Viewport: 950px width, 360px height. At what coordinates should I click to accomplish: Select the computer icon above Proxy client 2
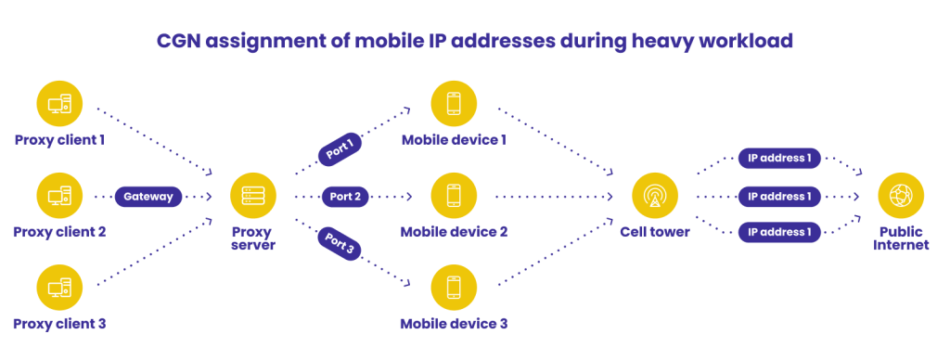point(59,196)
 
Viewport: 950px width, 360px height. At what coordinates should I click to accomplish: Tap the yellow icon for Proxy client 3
point(59,287)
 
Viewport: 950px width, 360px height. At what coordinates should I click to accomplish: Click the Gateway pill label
point(148,197)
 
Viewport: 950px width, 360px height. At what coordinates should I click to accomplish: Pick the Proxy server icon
point(252,196)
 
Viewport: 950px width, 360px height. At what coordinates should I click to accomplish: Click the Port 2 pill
point(345,197)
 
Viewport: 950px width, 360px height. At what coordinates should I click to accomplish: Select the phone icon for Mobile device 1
point(454,103)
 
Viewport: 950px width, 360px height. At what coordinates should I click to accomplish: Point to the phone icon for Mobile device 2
point(454,196)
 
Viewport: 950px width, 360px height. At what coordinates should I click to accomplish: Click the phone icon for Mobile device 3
point(454,287)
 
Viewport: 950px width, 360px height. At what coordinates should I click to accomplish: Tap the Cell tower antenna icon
point(654,196)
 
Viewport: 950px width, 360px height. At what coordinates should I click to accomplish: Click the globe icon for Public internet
point(900,196)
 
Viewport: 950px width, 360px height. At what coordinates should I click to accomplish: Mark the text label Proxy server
point(252,238)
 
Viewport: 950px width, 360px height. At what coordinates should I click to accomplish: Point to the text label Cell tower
point(654,232)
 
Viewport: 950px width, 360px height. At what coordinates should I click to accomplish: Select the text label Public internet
point(900,238)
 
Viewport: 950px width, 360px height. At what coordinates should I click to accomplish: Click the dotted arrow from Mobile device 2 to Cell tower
point(553,197)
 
